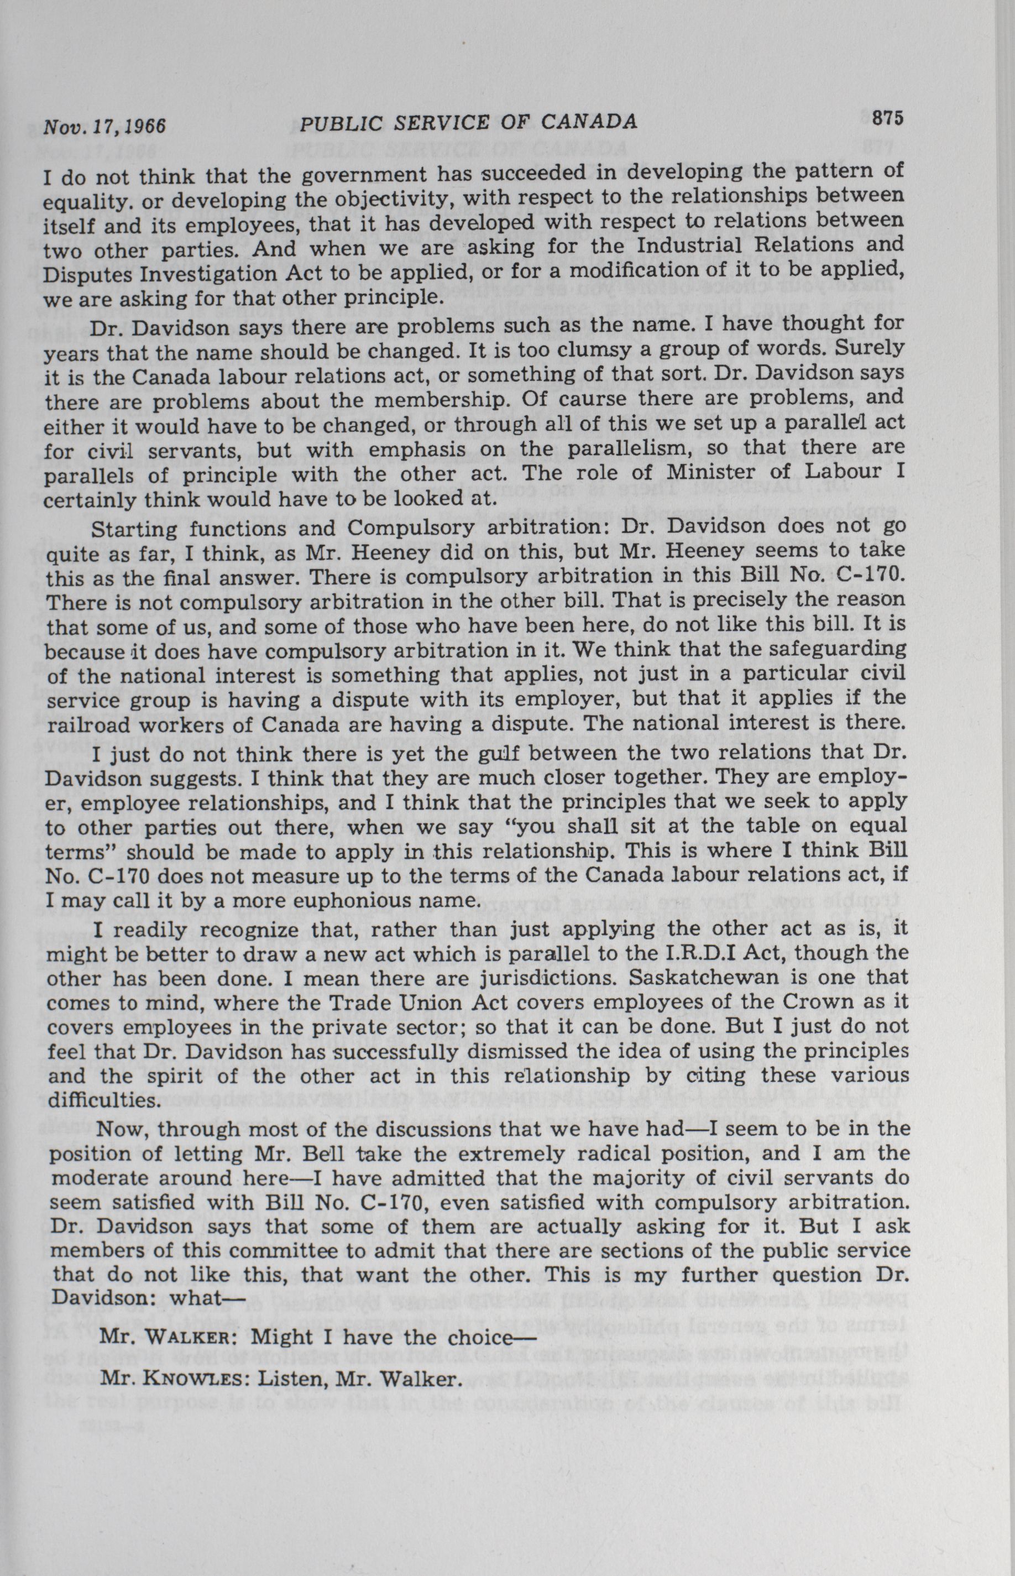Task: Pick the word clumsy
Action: (606, 348)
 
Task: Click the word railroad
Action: (82, 725)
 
